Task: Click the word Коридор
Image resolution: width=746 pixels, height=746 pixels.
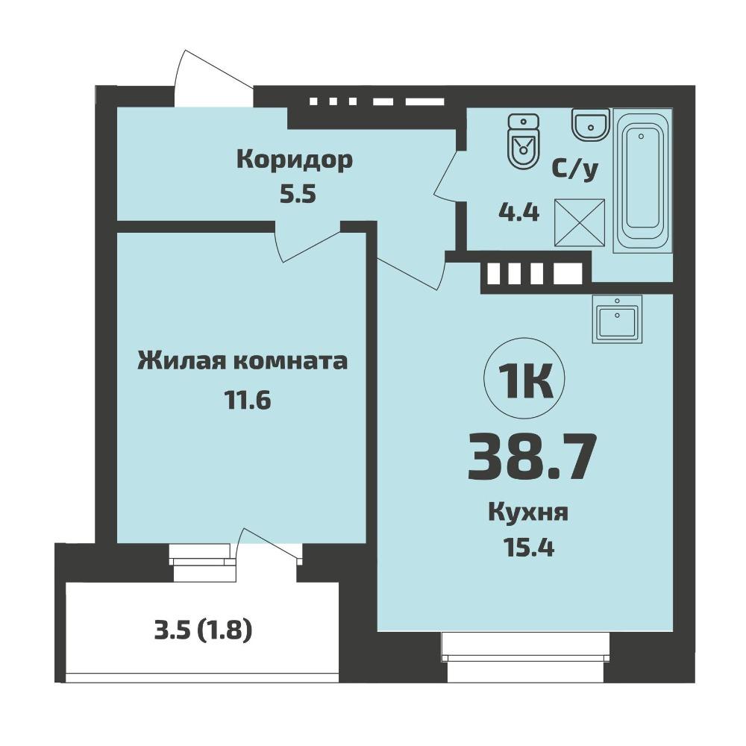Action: click(x=295, y=161)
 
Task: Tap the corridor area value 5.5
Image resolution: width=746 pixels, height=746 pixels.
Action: click(x=298, y=194)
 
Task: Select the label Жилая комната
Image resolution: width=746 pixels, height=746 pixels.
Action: click(x=242, y=361)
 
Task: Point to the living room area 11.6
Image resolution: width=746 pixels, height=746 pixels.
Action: click(x=248, y=400)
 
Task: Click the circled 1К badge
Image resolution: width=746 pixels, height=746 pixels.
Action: click(x=524, y=379)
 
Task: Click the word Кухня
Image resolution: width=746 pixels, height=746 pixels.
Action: click(x=528, y=514)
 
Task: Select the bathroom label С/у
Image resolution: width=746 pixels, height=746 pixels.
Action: click(x=574, y=169)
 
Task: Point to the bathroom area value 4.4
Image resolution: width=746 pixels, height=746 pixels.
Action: click(x=518, y=212)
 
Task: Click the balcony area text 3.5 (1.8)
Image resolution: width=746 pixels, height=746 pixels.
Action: click(x=203, y=631)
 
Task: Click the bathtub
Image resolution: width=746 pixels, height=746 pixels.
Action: click(x=643, y=181)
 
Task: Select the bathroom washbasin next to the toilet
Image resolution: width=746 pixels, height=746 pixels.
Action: click(x=590, y=125)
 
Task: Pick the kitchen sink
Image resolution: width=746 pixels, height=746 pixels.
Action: click(x=617, y=319)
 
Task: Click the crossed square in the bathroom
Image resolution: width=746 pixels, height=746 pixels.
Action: click(x=580, y=222)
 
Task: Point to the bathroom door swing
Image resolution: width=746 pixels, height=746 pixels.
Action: click(x=445, y=175)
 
